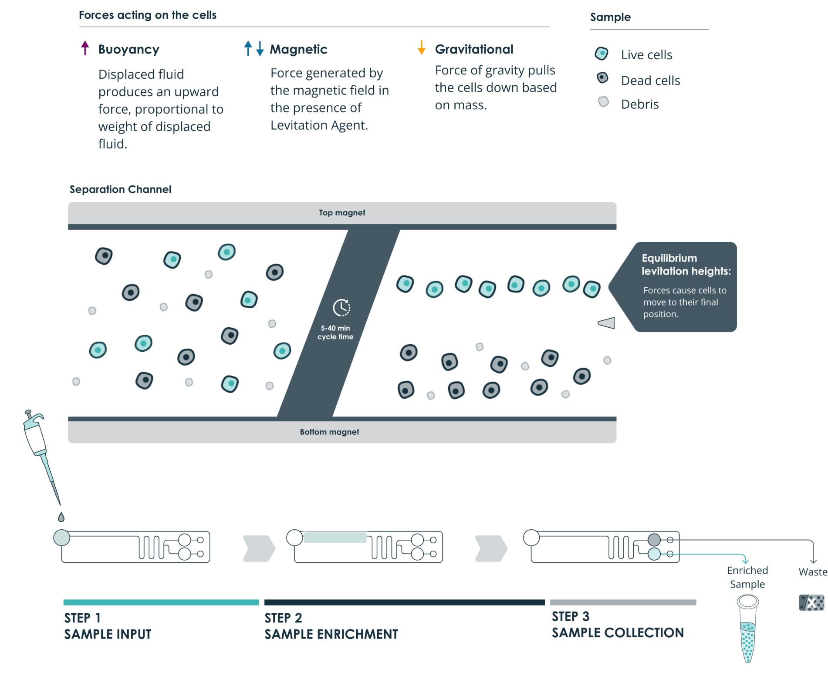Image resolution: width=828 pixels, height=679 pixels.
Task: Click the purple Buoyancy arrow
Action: pyautogui.click(x=85, y=47)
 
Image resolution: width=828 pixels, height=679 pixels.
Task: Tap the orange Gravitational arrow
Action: pyautogui.click(x=421, y=47)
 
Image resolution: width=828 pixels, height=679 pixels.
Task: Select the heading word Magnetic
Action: pyautogui.click(x=298, y=49)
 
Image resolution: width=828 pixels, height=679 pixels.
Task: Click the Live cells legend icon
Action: pyautogui.click(x=602, y=54)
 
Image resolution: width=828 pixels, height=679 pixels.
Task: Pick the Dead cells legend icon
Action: pyautogui.click(x=602, y=78)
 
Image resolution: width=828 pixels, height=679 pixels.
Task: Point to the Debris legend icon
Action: pyautogui.click(x=603, y=102)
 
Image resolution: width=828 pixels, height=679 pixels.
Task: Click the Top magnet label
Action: pyautogui.click(x=342, y=213)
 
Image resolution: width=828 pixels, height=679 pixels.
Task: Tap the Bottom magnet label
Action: pyautogui.click(x=329, y=432)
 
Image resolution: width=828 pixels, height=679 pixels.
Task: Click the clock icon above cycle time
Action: pyautogui.click(x=341, y=308)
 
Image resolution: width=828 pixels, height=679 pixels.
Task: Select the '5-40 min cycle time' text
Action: pyautogui.click(x=335, y=333)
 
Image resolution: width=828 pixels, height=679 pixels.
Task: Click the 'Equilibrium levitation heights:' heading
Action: pyautogui.click(x=686, y=265)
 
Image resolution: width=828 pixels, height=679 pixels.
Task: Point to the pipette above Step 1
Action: pyautogui.click(x=39, y=448)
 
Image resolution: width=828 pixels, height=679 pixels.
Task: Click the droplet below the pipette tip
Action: pyautogui.click(x=61, y=517)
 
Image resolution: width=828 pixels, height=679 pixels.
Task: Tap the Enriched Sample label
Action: pyautogui.click(x=747, y=577)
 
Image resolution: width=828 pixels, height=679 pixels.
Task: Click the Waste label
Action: pyautogui.click(x=813, y=572)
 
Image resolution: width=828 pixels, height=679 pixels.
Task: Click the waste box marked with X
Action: pyautogui.click(x=811, y=603)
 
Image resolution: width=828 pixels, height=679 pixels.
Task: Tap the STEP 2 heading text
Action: pyautogui.click(x=283, y=618)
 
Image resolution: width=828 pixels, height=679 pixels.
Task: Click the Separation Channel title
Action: pyautogui.click(x=120, y=189)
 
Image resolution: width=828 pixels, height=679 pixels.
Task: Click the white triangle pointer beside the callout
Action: pyautogui.click(x=607, y=323)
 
